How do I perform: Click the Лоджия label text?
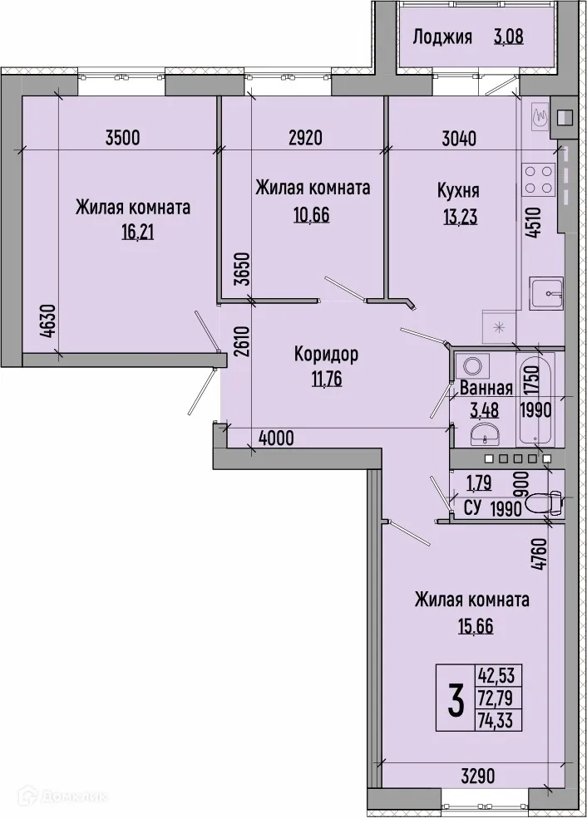coord(442,37)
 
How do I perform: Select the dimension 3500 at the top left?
coord(121,139)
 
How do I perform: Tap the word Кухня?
coord(458,190)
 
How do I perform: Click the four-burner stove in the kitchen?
coord(538,177)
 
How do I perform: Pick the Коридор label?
coord(326,355)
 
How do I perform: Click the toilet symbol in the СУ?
coord(545,502)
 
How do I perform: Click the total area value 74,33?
coord(498,719)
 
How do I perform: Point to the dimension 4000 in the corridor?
coord(276,438)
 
